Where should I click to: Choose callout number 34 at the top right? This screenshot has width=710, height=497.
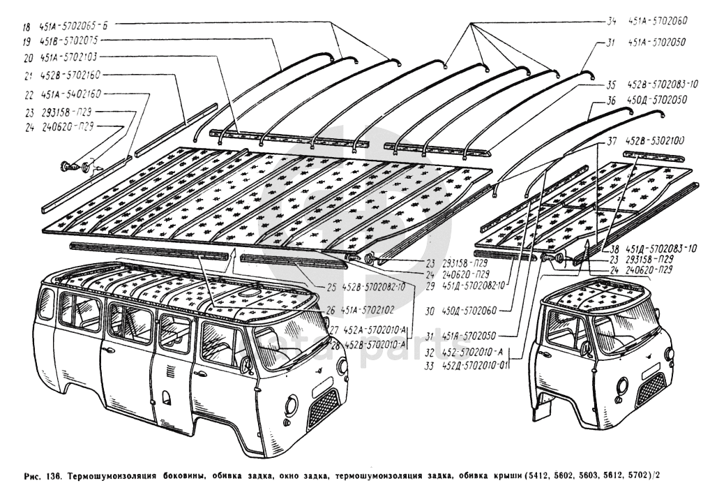click(x=612, y=21)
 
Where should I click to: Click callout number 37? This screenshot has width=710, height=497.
click(x=612, y=141)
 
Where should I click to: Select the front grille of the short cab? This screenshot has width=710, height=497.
click(x=651, y=389)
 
